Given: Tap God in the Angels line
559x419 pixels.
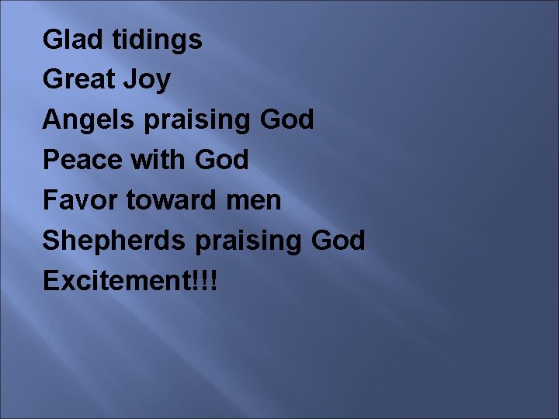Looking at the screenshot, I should (287, 119).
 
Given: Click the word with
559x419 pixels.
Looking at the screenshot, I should (154, 160).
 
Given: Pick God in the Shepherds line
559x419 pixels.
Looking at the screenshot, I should (338, 241).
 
